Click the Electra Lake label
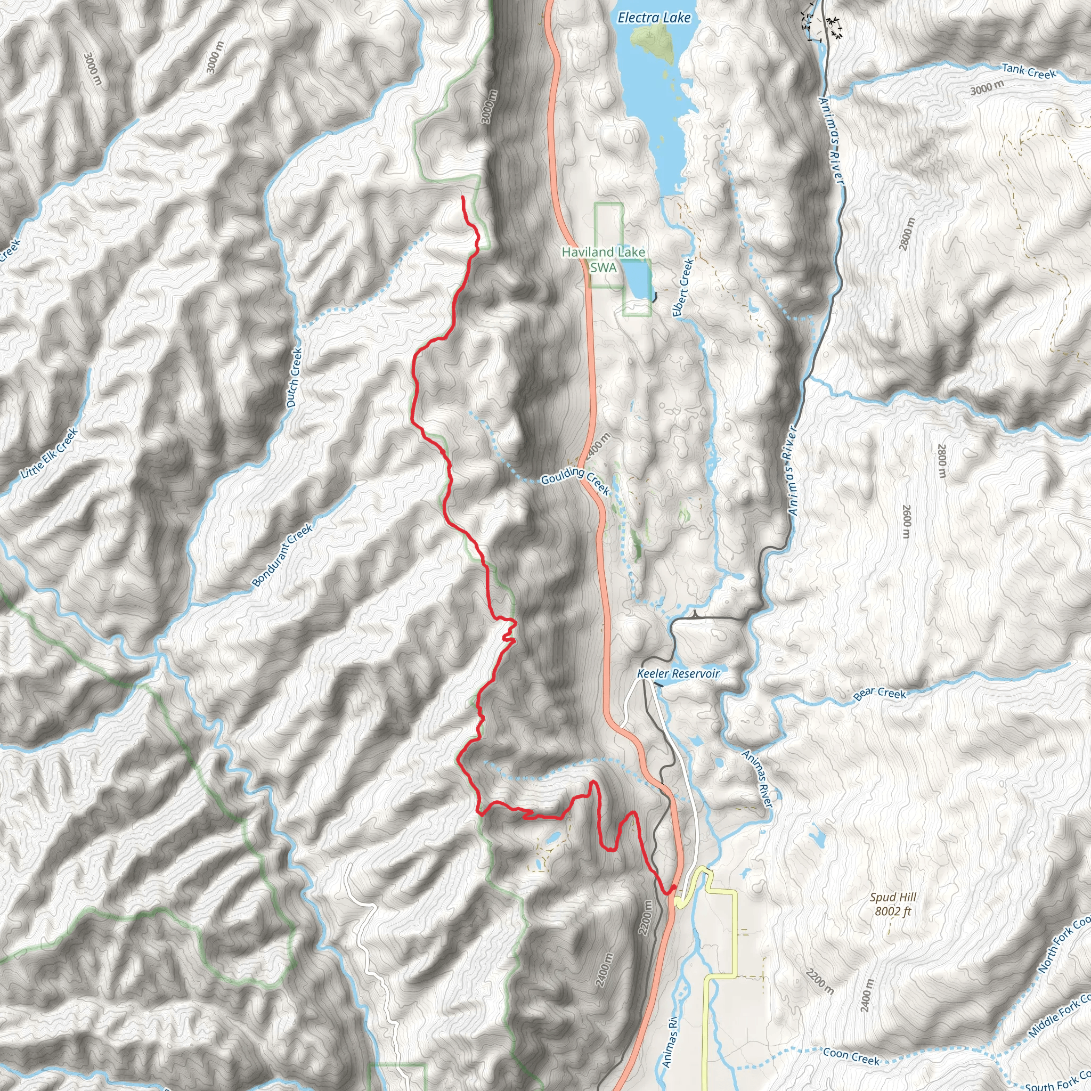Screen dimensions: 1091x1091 [x=654, y=18]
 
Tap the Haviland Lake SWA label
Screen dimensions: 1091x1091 [x=603, y=260]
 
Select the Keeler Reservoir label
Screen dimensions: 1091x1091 [x=678, y=674]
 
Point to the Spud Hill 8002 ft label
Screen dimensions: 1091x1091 [x=893, y=904]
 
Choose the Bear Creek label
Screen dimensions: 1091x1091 [x=880, y=694]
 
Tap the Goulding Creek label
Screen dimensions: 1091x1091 [x=575, y=480]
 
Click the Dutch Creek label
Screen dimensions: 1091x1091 [x=294, y=377]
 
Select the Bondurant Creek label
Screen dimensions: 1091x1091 [x=282, y=556]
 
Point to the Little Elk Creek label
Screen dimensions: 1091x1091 [x=48, y=454]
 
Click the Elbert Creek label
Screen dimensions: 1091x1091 [x=682, y=288]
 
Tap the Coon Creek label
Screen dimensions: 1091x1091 [x=850, y=1056]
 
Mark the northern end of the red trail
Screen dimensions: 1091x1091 [x=463, y=197]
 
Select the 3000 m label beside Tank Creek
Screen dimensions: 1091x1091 [x=987, y=88]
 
